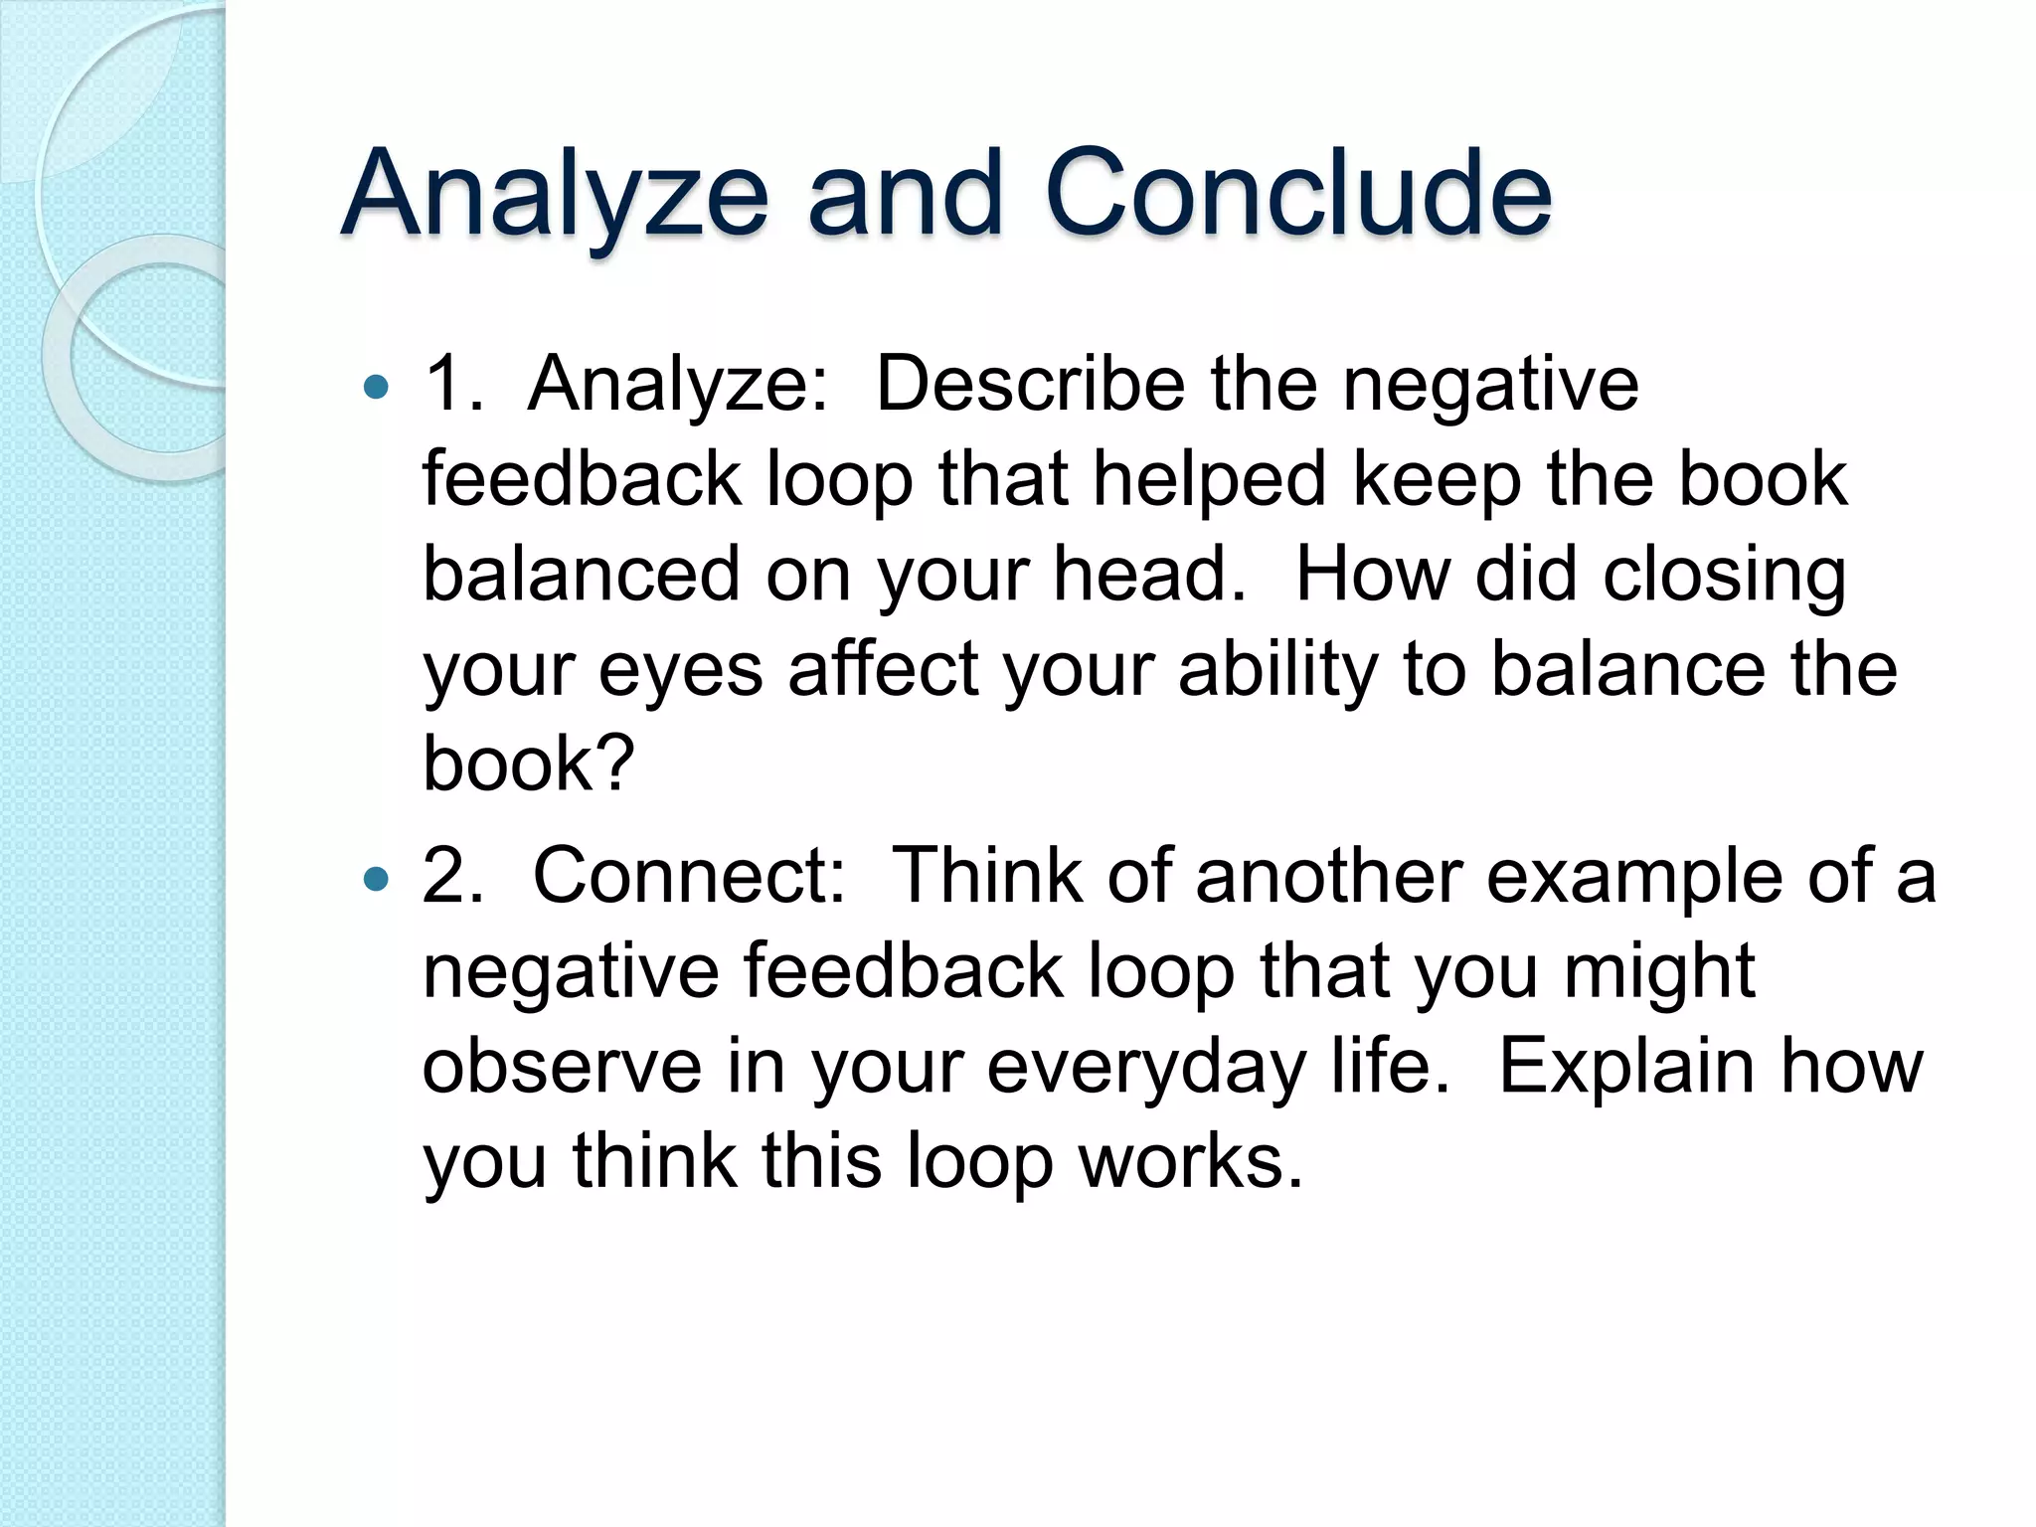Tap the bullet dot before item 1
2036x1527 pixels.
(377, 387)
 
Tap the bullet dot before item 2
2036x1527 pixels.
(377, 879)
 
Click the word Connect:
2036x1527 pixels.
(689, 876)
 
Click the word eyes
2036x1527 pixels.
(680, 670)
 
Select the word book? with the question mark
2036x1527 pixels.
(529, 763)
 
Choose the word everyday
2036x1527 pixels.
(1146, 1067)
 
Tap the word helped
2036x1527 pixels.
(1210, 479)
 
